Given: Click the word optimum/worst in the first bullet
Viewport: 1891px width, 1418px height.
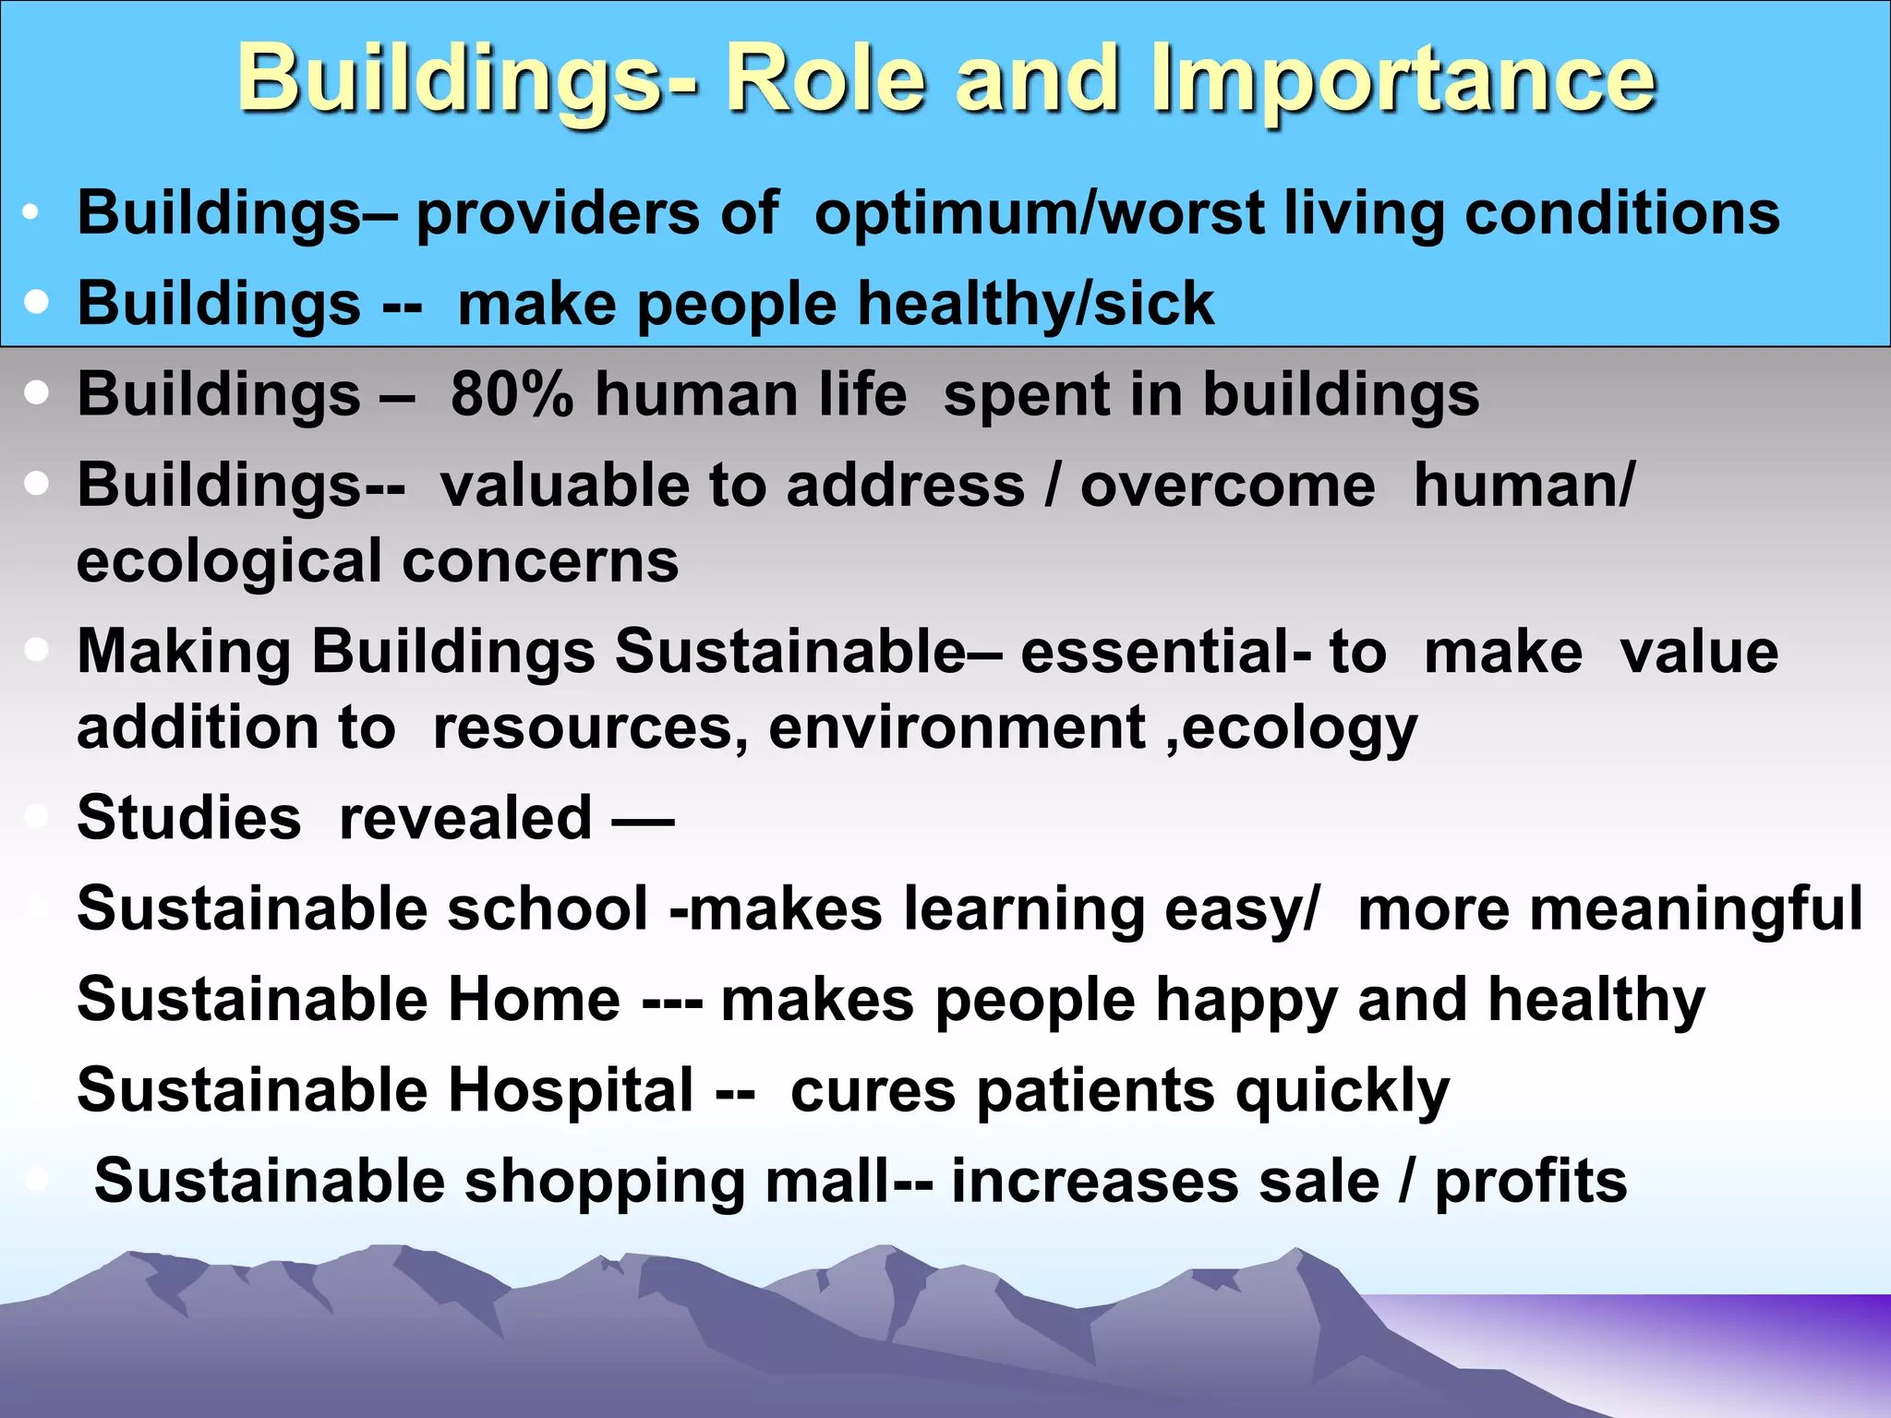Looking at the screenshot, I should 1039,213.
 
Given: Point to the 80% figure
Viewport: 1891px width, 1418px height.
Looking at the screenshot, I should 512,395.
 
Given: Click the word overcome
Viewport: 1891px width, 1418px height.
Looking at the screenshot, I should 1227,486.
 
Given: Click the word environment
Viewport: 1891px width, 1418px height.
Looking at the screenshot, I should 957,727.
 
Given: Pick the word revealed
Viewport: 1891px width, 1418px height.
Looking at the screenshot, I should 465,818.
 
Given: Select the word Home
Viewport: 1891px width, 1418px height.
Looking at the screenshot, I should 534,999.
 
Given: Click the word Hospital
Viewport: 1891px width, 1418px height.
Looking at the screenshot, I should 570,1089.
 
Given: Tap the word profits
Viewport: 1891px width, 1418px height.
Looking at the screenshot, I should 1530,1183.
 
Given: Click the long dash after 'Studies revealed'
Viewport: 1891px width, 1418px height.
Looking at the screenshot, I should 644,819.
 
